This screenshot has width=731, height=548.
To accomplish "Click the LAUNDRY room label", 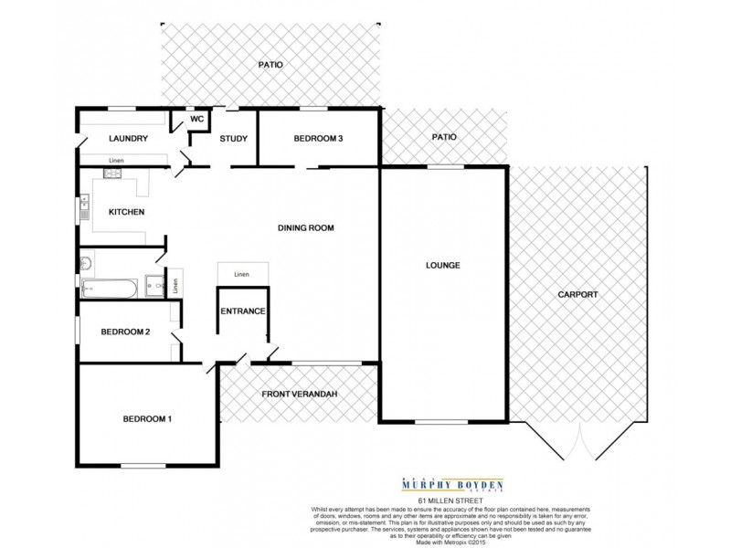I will point(128,139).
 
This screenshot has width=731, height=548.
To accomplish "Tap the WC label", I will point(196,119).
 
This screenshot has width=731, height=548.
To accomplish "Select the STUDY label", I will point(234,139).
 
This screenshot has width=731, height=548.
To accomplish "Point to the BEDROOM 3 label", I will point(318,139).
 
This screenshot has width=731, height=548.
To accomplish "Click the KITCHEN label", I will point(127,212).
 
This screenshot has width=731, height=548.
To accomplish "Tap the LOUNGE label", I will point(441,266).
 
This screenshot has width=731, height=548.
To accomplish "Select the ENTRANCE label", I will point(243,311).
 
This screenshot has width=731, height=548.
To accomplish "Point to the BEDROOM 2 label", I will point(125,332).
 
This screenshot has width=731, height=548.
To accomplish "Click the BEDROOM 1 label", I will point(147,419).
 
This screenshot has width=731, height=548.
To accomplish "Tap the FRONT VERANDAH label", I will point(301,393).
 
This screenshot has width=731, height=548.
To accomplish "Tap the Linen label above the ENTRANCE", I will point(242,273).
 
